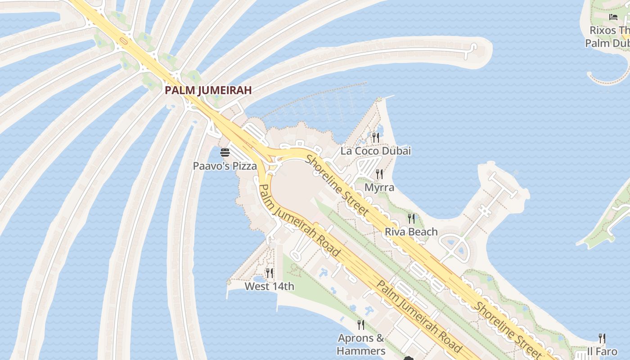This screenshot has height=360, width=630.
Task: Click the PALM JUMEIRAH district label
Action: coord(208,90)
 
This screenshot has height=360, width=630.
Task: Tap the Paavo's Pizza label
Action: coord(225,166)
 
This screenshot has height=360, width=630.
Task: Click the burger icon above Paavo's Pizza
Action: coord(225,153)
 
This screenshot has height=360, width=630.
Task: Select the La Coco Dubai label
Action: coord(375,151)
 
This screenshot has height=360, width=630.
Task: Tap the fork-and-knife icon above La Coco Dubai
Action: coord(375,137)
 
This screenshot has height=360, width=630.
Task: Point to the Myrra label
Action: coord(379,187)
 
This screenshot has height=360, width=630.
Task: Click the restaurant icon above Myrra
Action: coord(379,174)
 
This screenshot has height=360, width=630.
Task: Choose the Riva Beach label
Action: coord(411,232)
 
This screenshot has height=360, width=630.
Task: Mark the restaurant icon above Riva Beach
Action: coord(411,218)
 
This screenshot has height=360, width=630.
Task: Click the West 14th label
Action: coord(269,286)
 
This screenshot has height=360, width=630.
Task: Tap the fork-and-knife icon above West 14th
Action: coord(269,273)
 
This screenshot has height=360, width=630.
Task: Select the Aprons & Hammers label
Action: coord(361,344)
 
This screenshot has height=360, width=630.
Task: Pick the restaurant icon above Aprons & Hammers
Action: coord(360,324)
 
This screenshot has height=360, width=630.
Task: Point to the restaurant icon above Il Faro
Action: coord(602,338)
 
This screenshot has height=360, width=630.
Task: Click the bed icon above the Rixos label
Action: coord(613,17)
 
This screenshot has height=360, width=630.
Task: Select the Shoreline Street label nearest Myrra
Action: coord(337,184)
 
